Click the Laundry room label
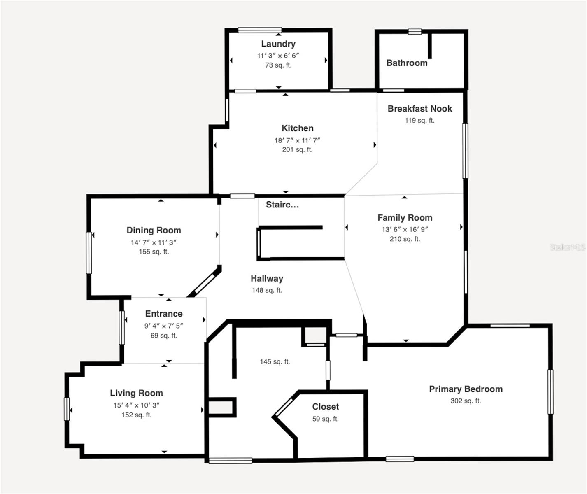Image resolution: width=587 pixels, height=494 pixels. (278, 44)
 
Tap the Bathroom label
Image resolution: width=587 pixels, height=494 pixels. (407, 63)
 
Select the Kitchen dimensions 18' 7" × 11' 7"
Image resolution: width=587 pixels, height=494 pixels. (297, 140)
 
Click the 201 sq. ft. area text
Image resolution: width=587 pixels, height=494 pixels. (297, 150)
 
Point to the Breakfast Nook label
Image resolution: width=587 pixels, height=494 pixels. (419, 109)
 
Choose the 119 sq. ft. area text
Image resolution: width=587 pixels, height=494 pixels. (419, 120)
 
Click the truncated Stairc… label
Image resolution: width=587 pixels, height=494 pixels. (282, 205)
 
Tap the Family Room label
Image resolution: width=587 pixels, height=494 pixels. (405, 218)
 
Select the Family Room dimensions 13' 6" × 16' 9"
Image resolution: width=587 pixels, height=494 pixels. (405, 229)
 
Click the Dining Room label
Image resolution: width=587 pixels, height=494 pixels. (154, 231)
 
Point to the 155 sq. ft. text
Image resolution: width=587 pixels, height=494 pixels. (154, 252)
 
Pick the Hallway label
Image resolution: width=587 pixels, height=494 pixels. (267, 279)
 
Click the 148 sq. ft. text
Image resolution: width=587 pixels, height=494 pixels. (267, 290)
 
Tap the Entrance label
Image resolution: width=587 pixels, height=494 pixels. (163, 314)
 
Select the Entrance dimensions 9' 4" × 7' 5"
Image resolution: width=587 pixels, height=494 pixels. (163, 326)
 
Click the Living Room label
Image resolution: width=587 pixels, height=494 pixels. (136, 393)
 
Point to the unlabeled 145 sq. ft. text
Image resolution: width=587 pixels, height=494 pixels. (275, 361)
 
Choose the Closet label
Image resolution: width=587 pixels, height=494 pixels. (325, 407)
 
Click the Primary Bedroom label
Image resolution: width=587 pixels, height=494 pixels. (466, 389)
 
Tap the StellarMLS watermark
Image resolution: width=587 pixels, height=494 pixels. (568, 247)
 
